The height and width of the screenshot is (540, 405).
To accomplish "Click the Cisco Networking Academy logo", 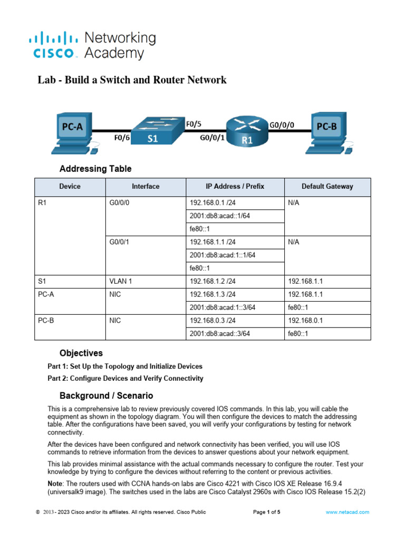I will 92,45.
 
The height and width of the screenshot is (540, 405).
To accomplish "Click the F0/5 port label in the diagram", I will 194,124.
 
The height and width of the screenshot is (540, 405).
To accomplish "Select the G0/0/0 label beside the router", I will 282,126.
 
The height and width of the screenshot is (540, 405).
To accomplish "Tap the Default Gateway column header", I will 327,187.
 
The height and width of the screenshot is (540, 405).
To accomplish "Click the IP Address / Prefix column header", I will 235,187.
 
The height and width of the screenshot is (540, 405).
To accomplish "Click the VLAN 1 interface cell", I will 120,281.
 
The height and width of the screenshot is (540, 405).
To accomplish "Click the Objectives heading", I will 81,353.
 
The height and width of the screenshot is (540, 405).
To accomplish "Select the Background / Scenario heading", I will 106,396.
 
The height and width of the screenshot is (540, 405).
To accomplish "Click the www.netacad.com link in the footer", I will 347,512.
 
